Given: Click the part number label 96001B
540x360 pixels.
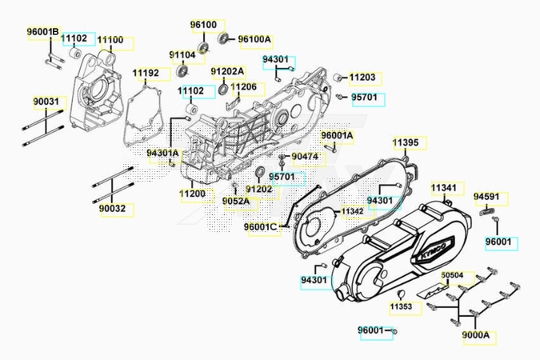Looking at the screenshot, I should coord(43,32).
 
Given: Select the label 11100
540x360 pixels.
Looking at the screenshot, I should coord(110,39).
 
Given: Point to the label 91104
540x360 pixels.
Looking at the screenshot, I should coord(182,54).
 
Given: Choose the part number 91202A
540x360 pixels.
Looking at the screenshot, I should coord(227,71).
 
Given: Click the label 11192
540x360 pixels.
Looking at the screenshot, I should coord(146,74).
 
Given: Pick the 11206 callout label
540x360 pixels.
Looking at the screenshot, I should coord(244,86).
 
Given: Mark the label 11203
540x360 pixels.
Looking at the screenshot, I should coord(362,78).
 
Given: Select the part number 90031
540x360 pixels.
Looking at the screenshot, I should coord(46,102).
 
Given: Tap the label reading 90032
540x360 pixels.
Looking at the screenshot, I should coord(113,208).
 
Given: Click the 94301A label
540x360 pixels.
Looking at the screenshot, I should coord(163,153).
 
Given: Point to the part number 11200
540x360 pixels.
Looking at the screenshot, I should coord(192,194).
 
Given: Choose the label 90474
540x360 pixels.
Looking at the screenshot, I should coord(305,155).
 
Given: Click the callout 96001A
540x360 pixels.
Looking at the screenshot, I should coord(337,135).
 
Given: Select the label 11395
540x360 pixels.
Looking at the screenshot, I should coord(405,142).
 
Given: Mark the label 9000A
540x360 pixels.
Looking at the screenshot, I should coord(475,334).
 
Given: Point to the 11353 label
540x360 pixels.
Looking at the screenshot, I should coord(402,306).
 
